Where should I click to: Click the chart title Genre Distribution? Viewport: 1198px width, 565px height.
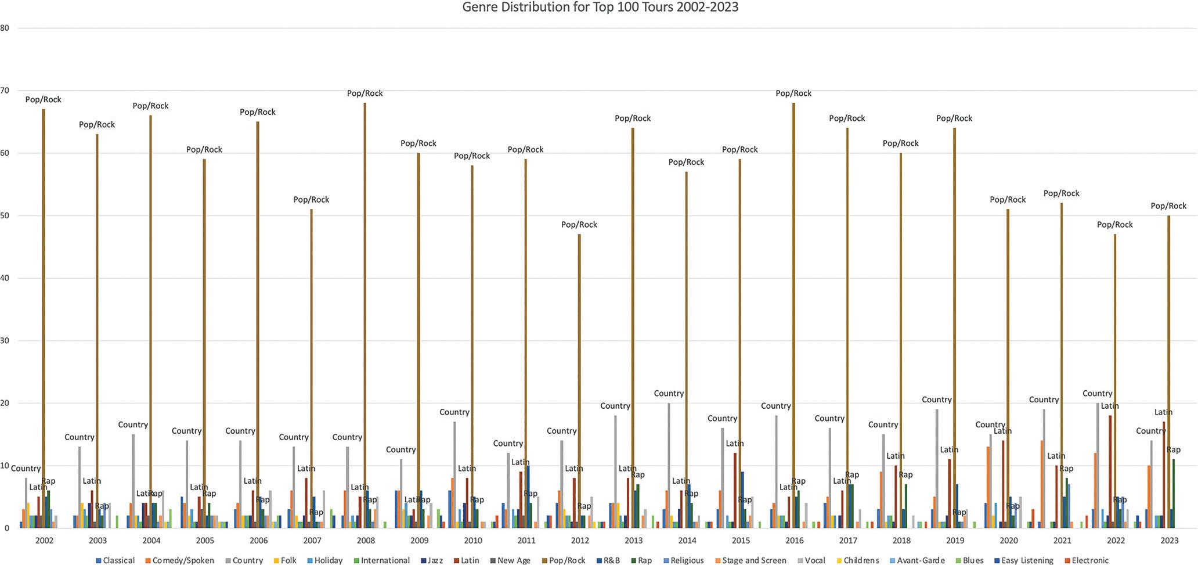point(600,8)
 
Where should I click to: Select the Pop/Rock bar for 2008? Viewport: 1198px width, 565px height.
point(365,314)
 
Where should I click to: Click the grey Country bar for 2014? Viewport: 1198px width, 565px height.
point(669,465)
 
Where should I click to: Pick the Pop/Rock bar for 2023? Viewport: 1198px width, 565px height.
point(1169,372)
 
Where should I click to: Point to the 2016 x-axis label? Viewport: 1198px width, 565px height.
point(794,541)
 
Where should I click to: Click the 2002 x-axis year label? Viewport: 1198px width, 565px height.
point(44,541)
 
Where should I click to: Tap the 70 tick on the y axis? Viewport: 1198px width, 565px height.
point(5,90)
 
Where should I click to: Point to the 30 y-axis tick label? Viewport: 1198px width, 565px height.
point(5,340)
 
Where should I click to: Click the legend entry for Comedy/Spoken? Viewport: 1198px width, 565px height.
point(183,560)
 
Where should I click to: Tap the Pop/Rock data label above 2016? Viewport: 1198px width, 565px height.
point(793,93)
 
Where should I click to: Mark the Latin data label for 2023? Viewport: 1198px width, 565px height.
point(1163,412)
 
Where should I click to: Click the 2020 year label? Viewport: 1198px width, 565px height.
point(1008,541)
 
